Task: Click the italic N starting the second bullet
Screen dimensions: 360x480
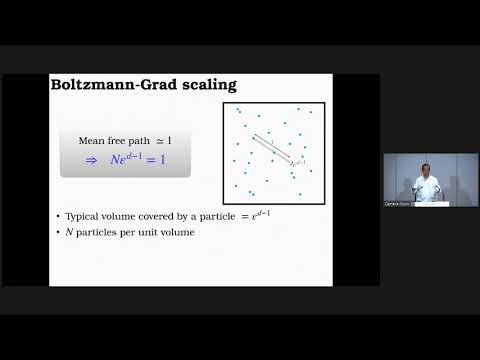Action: (68, 232)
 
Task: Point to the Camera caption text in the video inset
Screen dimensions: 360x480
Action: (397, 203)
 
